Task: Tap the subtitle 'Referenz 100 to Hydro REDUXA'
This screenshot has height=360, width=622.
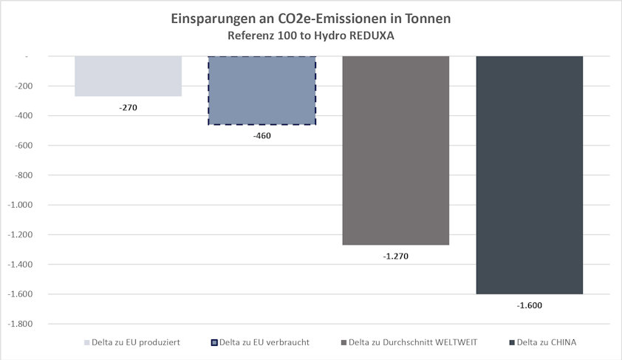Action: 310,35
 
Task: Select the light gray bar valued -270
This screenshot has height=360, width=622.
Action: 128,75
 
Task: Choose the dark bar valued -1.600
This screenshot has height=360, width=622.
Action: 529,174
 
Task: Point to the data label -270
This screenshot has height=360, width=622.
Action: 128,107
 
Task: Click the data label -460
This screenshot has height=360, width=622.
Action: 262,135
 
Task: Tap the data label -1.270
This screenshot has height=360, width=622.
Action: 395,256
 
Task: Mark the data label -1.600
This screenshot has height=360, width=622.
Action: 529,305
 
